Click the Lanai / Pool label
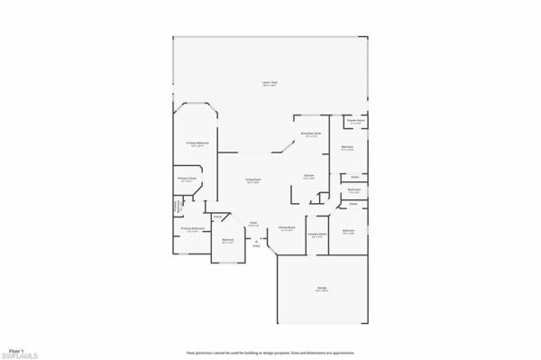269,84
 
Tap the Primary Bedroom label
198,143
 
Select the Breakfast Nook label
312,134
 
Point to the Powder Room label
355,120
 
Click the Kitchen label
308,176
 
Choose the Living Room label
253,181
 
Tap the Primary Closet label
187,180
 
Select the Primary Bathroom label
189,229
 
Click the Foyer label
253,223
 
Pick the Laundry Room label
316,235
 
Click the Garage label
321,289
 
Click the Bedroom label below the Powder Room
347,148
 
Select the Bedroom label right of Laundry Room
348,232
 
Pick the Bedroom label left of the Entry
228,240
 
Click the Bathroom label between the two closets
354,189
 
